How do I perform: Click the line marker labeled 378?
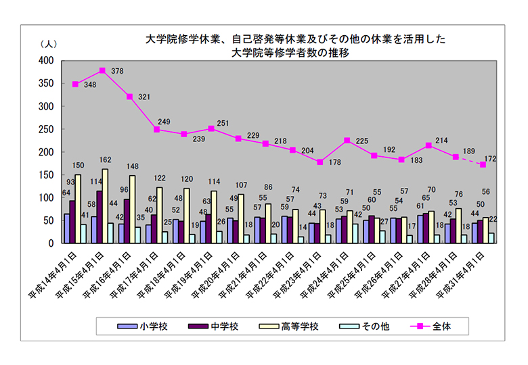(102, 70)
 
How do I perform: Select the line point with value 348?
(75, 84)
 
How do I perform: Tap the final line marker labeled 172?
(483, 164)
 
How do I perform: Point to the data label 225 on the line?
(361, 141)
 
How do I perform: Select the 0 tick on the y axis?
(52, 243)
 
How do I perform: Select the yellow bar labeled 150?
(77, 209)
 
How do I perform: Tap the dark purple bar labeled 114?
(99, 217)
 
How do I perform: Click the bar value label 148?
(133, 166)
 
